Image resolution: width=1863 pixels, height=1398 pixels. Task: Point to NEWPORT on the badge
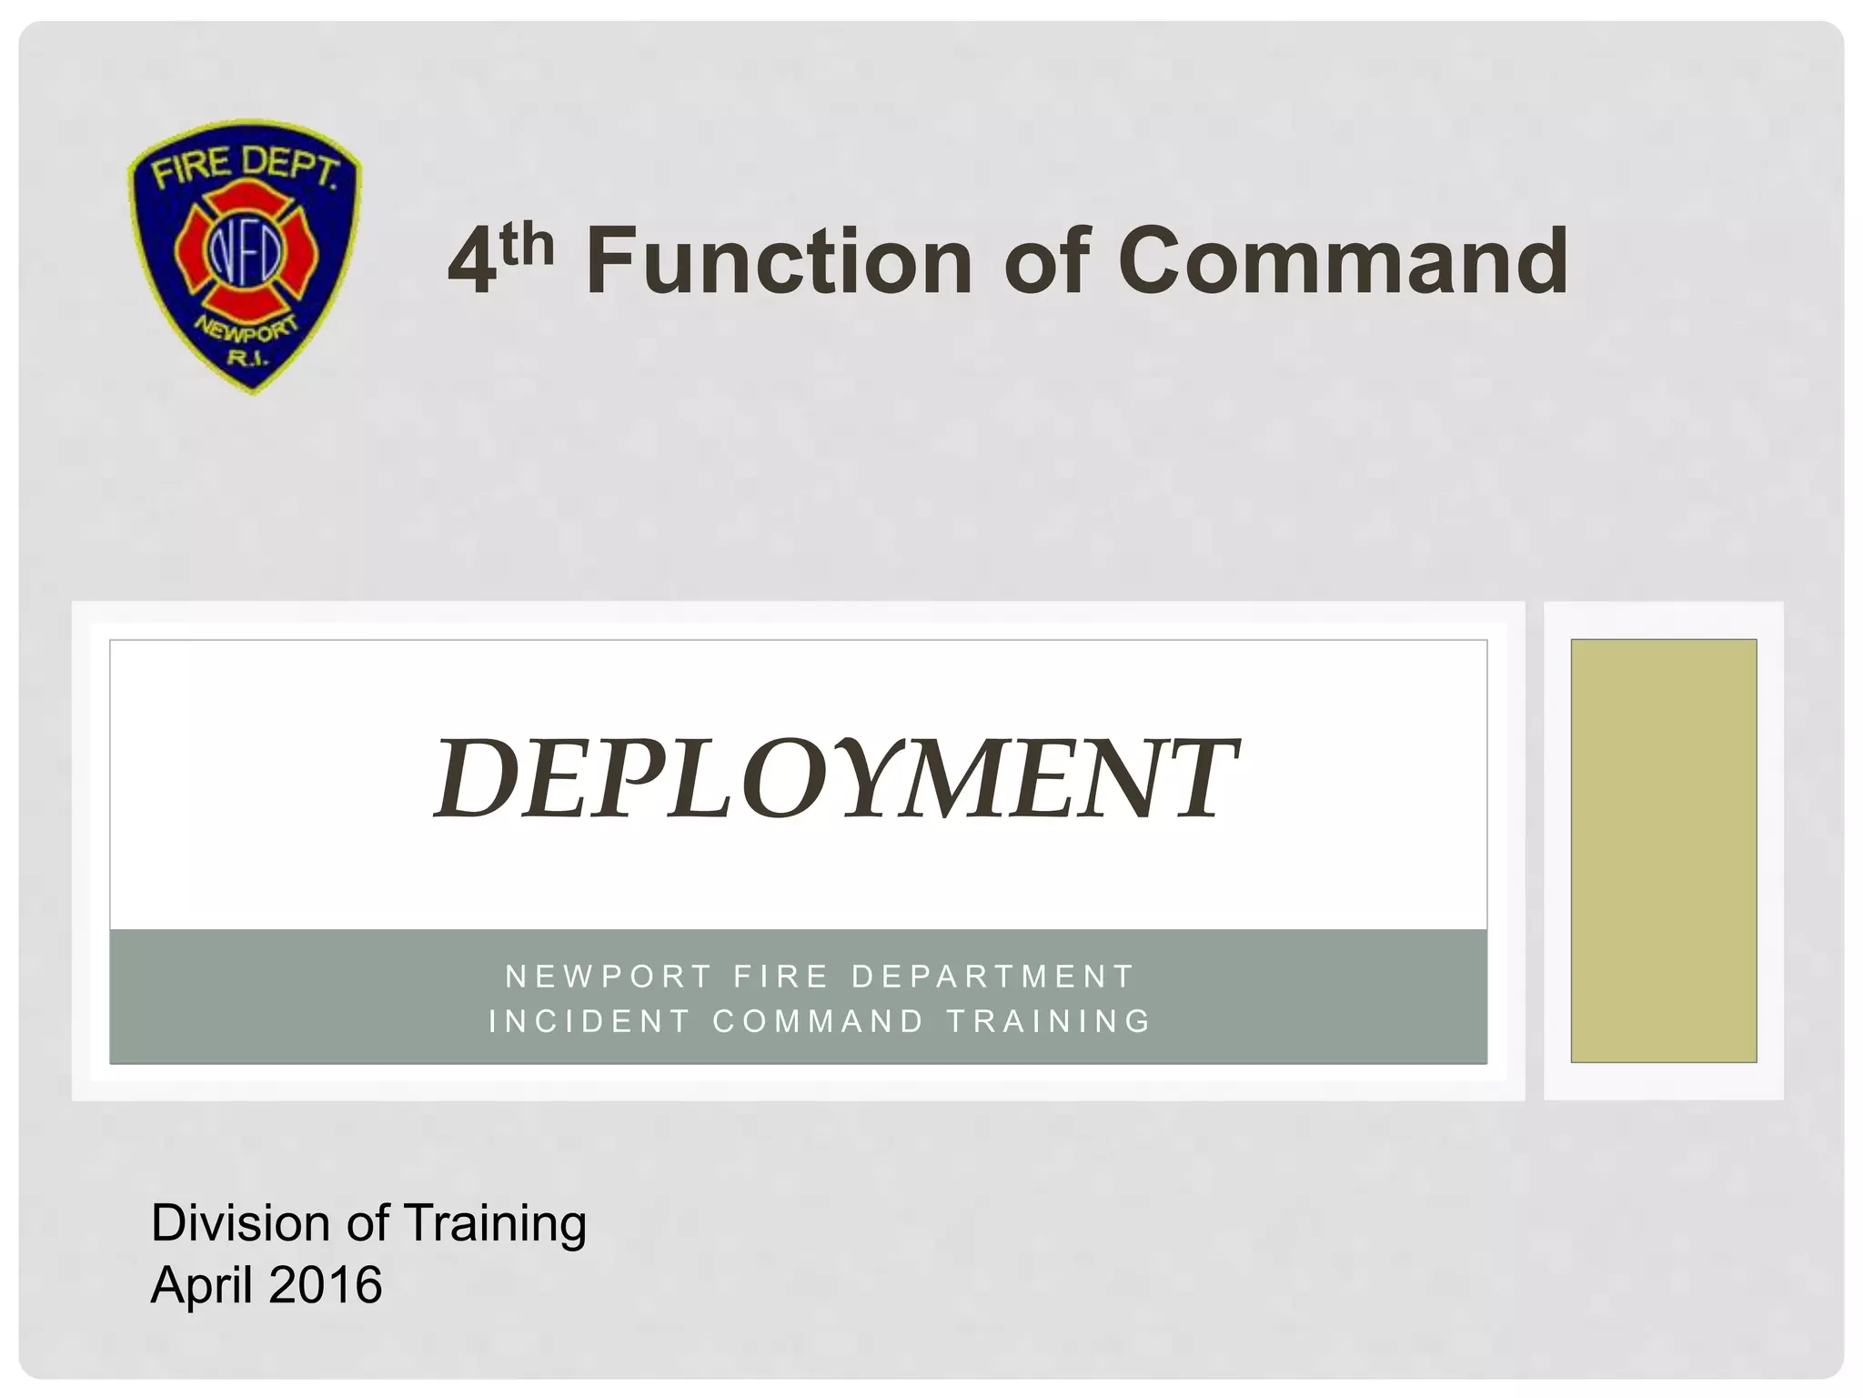tap(247, 333)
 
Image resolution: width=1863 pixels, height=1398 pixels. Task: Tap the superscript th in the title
tap(526, 244)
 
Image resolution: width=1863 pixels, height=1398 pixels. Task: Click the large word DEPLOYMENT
tap(835, 778)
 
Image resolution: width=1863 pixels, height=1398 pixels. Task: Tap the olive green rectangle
tap(1663, 850)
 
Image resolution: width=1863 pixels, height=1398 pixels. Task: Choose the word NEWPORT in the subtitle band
tap(609, 977)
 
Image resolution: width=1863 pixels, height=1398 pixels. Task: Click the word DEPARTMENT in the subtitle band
tap(992, 977)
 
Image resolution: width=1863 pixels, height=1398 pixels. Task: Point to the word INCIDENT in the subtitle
tap(589, 1021)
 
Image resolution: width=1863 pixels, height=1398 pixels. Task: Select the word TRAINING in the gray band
tap(1049, 1021)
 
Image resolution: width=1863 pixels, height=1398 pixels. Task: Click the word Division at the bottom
tap(238, 1222)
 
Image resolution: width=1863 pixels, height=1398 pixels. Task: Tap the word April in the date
tap(202, 1284)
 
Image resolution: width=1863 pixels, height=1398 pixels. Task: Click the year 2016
tap(326, 1284)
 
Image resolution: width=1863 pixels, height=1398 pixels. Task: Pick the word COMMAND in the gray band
tap(819, 1021)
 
